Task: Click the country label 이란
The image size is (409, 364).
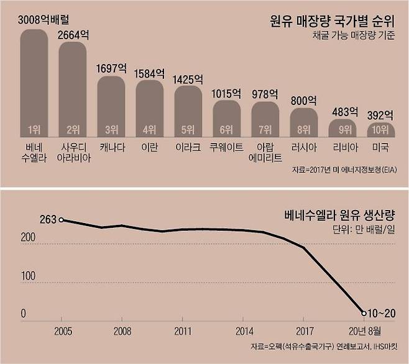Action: [149, 148]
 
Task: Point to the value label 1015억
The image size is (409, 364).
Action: [226, 94]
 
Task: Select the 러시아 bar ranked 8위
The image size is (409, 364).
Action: [303, 122]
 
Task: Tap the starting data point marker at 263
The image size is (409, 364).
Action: [61, 219]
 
